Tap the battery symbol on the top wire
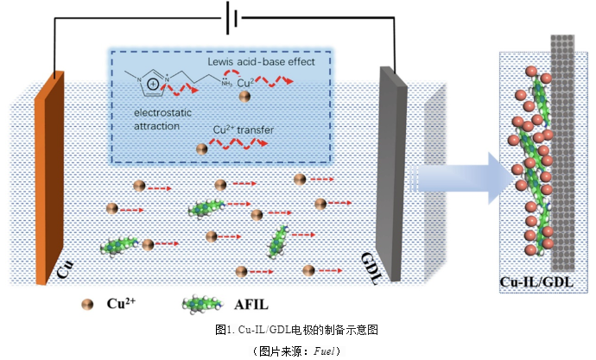(x=231, y=15)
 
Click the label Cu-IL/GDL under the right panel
(x=537, y=282)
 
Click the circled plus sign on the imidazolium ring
(x=153, y=85)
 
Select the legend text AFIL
(x=253, y=304)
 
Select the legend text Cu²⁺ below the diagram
(x=119, y=303)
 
